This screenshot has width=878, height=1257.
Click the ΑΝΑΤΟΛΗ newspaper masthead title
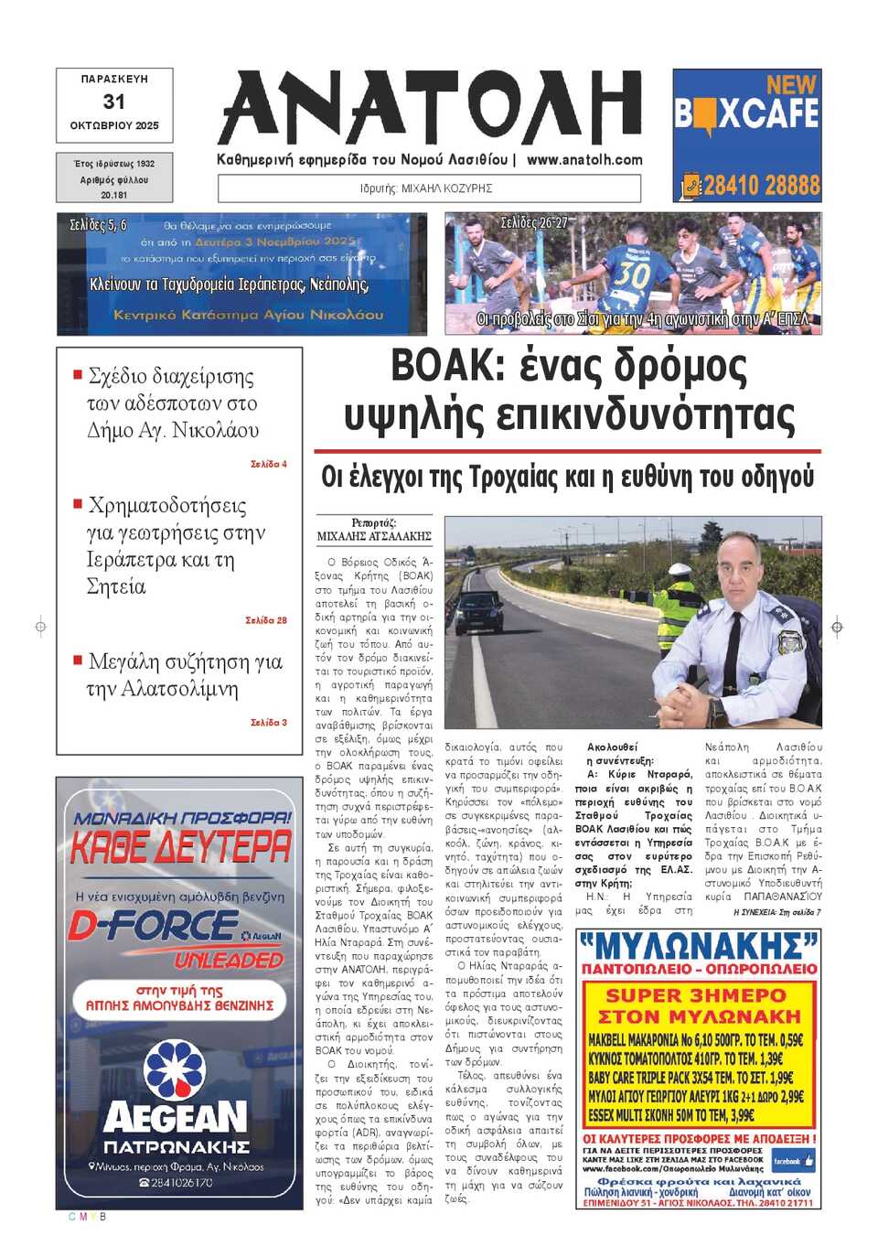point(430,108)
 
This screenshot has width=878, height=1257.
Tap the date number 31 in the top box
point(113,102)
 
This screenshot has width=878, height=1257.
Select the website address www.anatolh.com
point(584,159)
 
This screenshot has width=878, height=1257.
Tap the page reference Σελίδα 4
point(269,464)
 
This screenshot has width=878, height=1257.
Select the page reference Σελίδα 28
point(266,620)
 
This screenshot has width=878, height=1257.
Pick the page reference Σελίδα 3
point(269,723)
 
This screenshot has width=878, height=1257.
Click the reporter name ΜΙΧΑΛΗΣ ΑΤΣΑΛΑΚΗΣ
point(374,536)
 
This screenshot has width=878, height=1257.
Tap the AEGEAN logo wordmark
point(176,1117)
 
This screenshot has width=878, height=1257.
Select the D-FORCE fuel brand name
point(154,926)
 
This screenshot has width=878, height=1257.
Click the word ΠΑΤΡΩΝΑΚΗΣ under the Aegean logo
point(177,1147)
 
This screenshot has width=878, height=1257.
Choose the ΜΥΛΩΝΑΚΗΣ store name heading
point(698,945)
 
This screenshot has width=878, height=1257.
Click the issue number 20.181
point(114,195)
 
